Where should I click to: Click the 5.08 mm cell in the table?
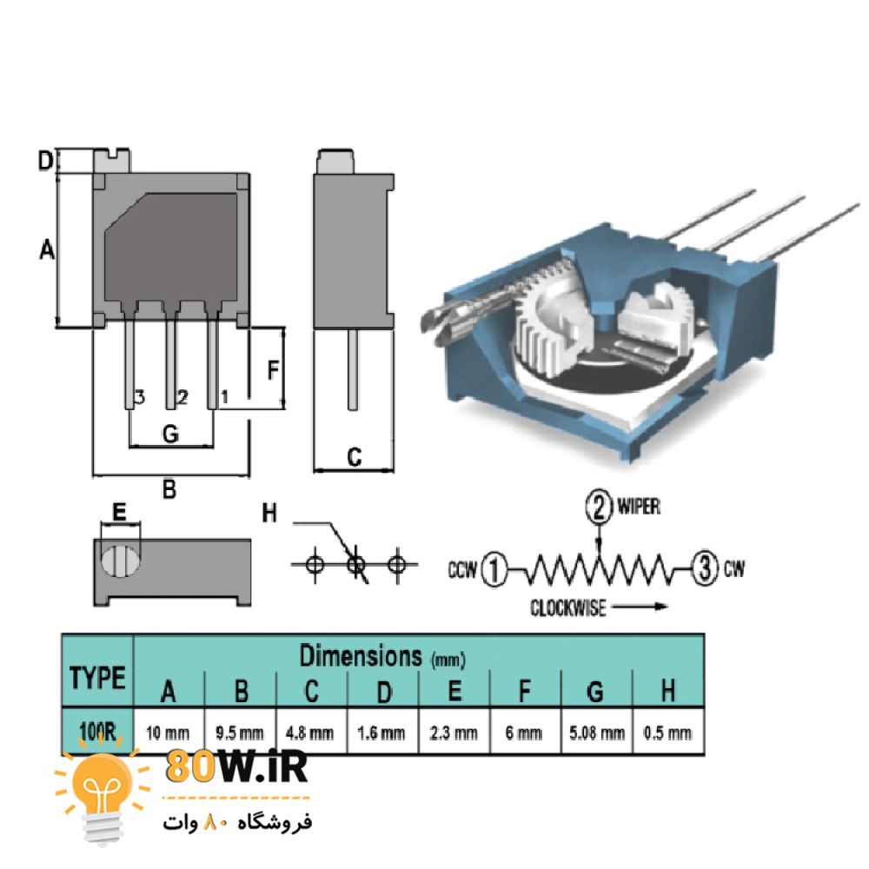coord(597,733)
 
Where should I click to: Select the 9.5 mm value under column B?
coord(240,733)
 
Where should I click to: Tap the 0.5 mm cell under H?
coord(667,733)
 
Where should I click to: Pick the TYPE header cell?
coord(97,677)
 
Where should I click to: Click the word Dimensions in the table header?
coord(359,656)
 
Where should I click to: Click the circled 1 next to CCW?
coord(493,570)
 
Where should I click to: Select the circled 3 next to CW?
coord(703,569)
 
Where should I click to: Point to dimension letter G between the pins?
coord(170,434)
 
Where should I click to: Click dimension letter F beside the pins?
coord(272,370)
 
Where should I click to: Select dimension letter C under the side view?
coord(354,457)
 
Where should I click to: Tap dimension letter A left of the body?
coord(47,250)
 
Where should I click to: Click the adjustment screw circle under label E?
coord(120,559)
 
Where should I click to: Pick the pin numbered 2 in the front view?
coord(170,365)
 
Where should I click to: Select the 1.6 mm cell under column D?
coord(381,733)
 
